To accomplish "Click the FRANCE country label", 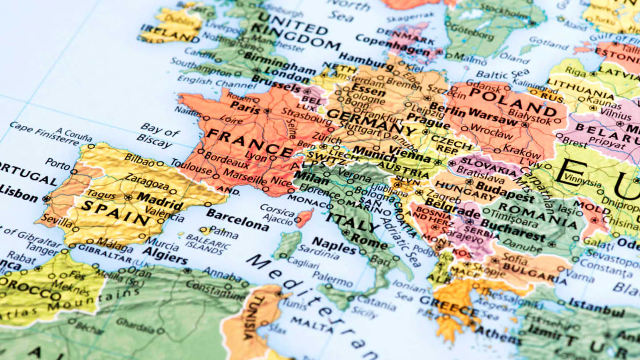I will tap(249, 142).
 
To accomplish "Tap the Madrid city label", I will tap(160, 201).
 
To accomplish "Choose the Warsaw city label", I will tap(493, 116).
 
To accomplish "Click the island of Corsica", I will tap(304, 218).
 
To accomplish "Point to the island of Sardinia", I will tap(288, 244).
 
